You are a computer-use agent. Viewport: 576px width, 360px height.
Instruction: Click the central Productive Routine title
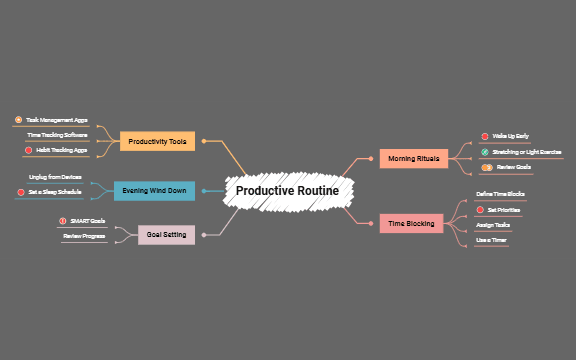click(287, 190)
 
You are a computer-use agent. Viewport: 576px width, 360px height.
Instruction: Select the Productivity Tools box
click(157, 142)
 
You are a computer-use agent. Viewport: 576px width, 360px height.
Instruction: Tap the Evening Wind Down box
click(154, 190)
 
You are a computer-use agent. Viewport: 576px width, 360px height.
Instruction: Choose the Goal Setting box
click(166, 235)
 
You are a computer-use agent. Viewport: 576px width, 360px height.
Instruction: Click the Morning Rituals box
click(414, 158)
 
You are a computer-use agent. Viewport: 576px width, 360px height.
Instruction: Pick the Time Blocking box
click(411, 223)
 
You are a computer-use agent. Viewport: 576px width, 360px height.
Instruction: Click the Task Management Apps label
click(57, 120)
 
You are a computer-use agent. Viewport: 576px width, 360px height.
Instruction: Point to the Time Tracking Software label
click(57, 135)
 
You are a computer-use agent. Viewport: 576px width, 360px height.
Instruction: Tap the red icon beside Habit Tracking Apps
click(29, 150)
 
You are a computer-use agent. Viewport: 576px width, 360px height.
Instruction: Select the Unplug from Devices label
click(55, 176)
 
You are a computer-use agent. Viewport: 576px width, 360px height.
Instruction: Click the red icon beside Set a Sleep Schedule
click(20, 191)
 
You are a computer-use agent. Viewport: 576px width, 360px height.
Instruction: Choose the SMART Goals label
click(87, 220)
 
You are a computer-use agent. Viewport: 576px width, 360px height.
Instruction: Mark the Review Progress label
click(84, 236)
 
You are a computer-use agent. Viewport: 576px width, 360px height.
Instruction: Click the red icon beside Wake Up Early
click(484, 135)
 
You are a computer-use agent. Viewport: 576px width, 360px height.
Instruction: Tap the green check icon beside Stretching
click(484, 152)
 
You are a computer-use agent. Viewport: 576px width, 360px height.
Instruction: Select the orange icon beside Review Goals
click(488, 167)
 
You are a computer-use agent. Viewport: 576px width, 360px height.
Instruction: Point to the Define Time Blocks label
click(500, 194)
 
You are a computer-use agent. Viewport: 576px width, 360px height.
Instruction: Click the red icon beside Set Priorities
click(479, 210)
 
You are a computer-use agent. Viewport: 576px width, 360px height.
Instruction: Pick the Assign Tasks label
click(493, 225)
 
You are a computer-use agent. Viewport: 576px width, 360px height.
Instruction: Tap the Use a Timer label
click(491, 240)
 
